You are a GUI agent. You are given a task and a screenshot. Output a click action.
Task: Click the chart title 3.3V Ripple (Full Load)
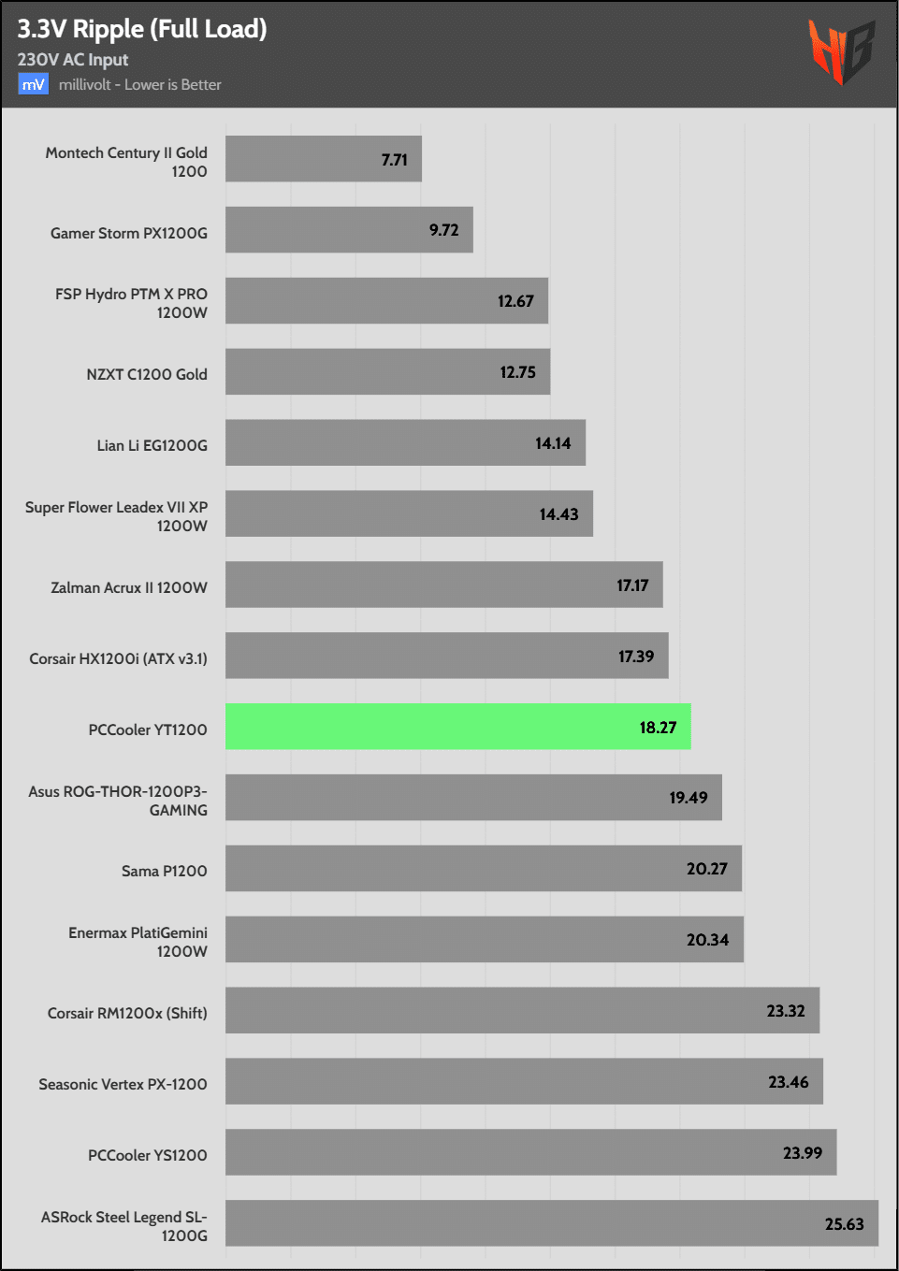click(x=142, y=29)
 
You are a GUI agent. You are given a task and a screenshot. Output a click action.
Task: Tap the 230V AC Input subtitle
click(x=73, y=60)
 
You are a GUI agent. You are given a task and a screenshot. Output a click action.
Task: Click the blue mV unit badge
click(x=33, y=85)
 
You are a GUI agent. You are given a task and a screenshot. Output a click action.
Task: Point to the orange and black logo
click(x=841, y=52)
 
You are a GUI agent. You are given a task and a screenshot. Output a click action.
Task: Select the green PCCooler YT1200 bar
click(x=457, y=727)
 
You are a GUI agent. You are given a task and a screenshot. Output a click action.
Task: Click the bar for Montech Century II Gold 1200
click(x=323, y=159)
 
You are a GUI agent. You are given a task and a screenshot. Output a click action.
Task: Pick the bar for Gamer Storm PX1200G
click(x=349, y=230)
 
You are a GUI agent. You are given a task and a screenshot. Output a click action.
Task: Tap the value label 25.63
click(x=844, y=1224)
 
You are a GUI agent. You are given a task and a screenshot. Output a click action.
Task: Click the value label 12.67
click(x=515, y=301)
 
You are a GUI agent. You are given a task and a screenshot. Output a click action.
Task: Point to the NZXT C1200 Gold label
click(x=147, y=374)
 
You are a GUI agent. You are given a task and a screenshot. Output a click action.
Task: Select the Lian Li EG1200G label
click(x=152, y=445)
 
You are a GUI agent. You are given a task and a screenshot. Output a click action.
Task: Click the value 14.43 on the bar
click(x=558, y=514)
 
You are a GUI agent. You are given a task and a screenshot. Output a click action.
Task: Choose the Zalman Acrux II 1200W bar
click(x=443, y=585)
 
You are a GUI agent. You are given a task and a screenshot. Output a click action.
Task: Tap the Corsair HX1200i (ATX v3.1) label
click(x=118, y=658)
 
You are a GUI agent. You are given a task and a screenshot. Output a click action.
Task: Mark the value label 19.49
click(x=688, y=798)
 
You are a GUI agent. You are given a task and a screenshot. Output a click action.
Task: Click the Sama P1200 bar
click(x=483, y=869)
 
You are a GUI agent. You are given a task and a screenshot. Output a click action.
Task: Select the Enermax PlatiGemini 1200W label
click(x=138, y=942)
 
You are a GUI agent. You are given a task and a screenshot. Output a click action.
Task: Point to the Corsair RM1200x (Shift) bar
click(x=522, y=1010)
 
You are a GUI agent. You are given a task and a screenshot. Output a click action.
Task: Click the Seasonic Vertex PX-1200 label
click(x=123, y=1084)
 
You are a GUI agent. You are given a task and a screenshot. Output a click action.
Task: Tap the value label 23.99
click(x=802, y=1153)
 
